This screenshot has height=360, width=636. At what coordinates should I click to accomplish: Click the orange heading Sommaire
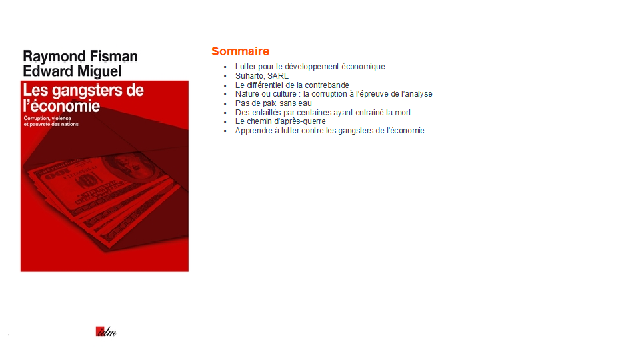point(240,51)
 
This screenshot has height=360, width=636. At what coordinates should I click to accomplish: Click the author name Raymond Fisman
point(80,57)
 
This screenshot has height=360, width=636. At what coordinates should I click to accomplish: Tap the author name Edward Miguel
point(72,71)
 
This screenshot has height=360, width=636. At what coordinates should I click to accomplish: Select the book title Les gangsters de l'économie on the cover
point(83,98)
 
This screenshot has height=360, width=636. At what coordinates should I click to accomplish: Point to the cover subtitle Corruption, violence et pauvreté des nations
point(51,121)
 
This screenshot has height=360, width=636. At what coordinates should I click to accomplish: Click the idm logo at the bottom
point(106,331)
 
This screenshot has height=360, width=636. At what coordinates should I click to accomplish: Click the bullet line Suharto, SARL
point(262,76)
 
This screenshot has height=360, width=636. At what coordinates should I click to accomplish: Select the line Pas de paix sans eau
point(273,103)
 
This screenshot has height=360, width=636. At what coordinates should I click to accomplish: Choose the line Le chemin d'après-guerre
point(280,121)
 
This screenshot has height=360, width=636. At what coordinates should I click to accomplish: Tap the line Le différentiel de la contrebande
point(292,85)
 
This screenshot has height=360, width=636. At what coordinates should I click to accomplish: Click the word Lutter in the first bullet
point(245,67)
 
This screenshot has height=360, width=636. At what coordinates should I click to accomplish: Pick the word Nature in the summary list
point(247,94)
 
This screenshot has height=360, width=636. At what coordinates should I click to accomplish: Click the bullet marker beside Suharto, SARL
point(225,76)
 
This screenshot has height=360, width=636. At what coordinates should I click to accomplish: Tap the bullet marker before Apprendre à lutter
point(225,131)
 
